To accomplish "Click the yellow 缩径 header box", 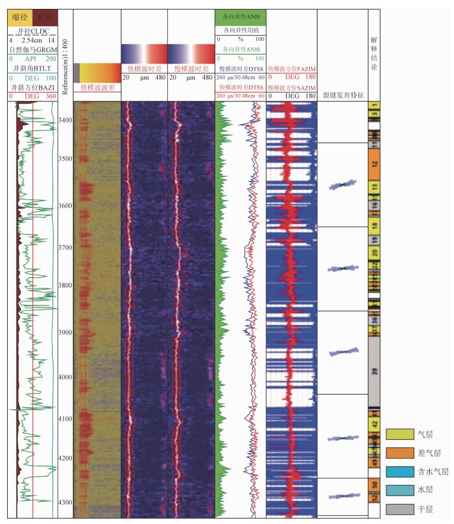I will pos(19,18).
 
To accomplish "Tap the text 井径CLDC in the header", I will pos(32,31).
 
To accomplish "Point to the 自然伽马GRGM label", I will pos(32,50).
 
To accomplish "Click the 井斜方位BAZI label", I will pos(32,88).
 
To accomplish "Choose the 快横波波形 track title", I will pos(97,87).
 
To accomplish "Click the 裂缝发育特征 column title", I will pos(342,94).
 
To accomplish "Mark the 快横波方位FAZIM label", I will pos(291,69).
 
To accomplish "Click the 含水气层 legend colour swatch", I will pos(399,472).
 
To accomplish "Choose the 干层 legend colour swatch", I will pos(399,509).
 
